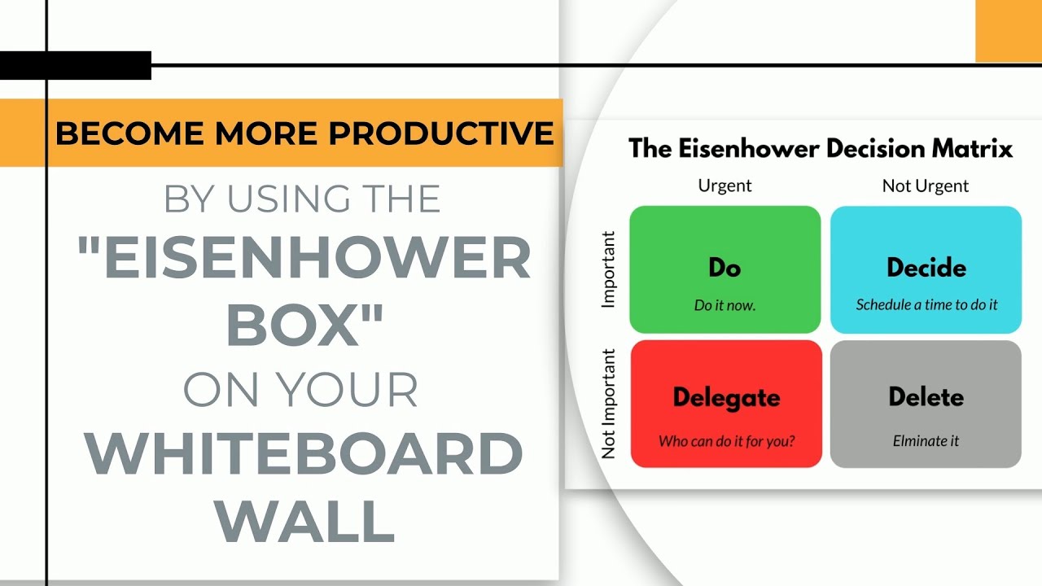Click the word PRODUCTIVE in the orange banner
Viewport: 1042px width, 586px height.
coord(441,133)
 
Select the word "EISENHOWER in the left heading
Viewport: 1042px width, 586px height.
coord(304,257)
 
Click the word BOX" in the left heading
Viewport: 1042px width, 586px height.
coord(304,324)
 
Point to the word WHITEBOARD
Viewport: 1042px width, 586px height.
coord(304,453)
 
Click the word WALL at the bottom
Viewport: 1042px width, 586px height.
coord(304,520)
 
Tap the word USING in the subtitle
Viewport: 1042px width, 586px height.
coord(288,199)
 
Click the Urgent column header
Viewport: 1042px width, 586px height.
coord(725,186)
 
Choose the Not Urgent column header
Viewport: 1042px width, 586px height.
coord(926,186)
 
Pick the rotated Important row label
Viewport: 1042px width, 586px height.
coord(608,269)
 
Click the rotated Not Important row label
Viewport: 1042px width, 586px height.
coord(608,404)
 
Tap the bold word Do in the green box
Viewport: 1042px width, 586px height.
coord(725,268)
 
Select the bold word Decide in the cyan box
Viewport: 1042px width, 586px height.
coord(926,268)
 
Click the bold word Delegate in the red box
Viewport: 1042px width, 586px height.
coord(727,399)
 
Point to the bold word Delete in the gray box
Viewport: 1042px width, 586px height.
coord(926,396)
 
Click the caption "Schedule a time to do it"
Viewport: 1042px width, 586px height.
coord(926,304)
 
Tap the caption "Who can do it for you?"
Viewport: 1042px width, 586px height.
coord(727,441)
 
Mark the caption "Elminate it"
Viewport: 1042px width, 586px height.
coord(926,440)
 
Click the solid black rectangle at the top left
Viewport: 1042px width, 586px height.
coord(76,66)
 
